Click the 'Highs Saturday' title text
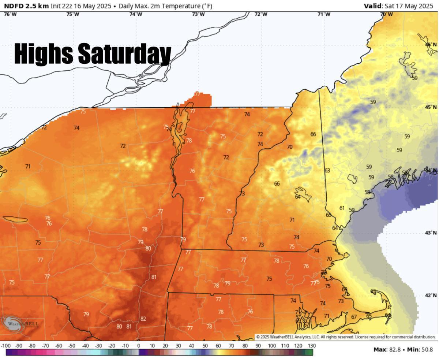pyautogui.click(x=93, y=54)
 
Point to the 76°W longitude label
pyautogui.click(x=10, y=14)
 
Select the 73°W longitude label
pyautogui.click(x=198, y=14)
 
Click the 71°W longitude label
pyautogui.click(x=324, y=14)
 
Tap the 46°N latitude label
pyautogui.click(x=431, y=45)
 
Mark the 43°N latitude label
pyautogui.click(x=431, y=233)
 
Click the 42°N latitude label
pyautogui.click(x=431, y=295)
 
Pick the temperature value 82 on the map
pyautogui.click(x=143, y=319)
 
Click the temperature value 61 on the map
pyautogui.click(x=342, y=208)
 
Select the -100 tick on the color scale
pyautogui.click(x=5, y=346)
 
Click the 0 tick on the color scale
pyautogui.click(x=138, y=346)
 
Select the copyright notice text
pyautogui.click(x=346, y=337)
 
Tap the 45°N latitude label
pyautogui.click(x=431, y=107)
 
